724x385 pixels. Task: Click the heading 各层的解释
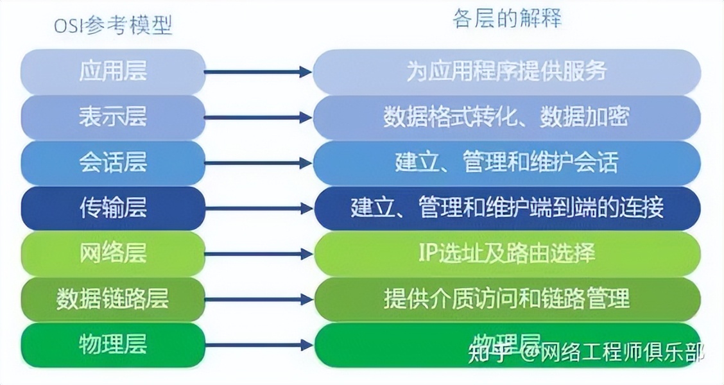click(x=506, y=19)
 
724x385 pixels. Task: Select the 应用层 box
click(x=113, y=71)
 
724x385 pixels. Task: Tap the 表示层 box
click(x=113, y=117)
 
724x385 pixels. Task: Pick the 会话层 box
click(x=113, y=162)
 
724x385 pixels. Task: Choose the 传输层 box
click(x=113, y=208)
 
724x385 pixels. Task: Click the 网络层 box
click(x=113, y=253)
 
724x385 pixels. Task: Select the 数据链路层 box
click(x=113, y=299)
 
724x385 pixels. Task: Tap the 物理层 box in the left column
click(x=113, y=345)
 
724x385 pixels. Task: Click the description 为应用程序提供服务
click(x=506, y=71)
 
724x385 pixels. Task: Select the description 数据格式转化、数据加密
click(x=506, y=117)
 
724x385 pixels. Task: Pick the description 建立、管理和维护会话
click(x=506, y=162)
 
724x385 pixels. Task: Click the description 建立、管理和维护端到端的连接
click(x=506, y=208)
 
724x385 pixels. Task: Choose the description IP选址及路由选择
click(x=506, y=253)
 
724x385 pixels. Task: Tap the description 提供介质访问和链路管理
click(x=506, y=299)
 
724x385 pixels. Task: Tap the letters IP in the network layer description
click(x=428, y=253)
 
